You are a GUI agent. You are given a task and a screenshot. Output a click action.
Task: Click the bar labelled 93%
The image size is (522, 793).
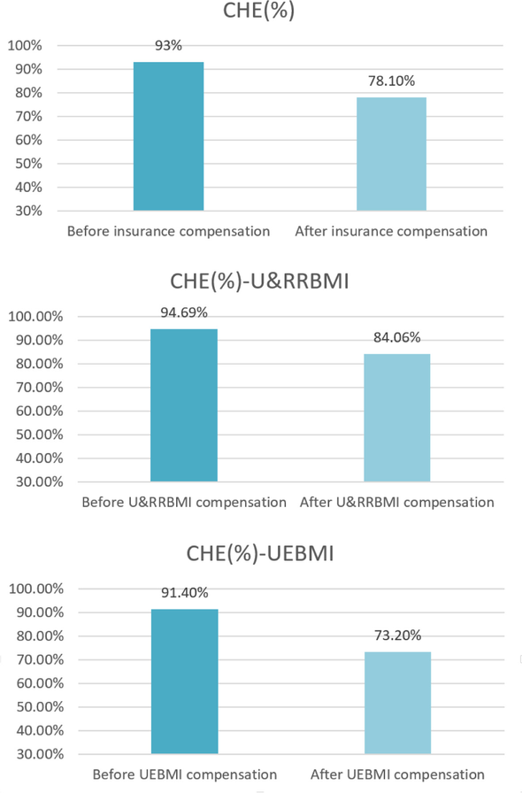click(x=168, y=136)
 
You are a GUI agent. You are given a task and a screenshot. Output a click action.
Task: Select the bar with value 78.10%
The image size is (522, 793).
click(x=391, y=154)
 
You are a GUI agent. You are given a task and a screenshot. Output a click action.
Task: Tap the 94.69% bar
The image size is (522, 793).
click(x=184, y=405)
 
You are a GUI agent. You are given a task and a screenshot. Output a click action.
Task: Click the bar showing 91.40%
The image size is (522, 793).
click(x=184, y=681)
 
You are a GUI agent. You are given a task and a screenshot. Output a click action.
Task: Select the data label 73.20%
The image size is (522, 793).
click(x=396, y=635)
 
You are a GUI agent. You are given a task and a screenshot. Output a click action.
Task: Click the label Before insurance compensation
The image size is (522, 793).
click(x=168, y=232)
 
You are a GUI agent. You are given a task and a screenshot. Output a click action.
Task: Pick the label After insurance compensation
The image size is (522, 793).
click(x=391, y=232)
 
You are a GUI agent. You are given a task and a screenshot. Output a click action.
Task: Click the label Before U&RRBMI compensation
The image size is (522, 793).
click(x=184, y=503)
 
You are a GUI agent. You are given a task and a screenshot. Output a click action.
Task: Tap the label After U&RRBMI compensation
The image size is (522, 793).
click(x=396, y=503)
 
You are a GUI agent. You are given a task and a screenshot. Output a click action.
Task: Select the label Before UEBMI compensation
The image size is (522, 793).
click(x=184, y=775)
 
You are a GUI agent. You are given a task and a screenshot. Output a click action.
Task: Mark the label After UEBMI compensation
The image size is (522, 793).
click(x=397, y=775)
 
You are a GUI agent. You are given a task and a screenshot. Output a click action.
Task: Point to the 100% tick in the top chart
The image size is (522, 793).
click(x=25, y=46)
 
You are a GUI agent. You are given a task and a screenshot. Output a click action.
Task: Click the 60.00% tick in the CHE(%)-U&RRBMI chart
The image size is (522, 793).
click(x=35, y=412)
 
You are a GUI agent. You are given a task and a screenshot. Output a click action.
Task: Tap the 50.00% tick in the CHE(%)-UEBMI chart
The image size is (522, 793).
click(x=35, y=707)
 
